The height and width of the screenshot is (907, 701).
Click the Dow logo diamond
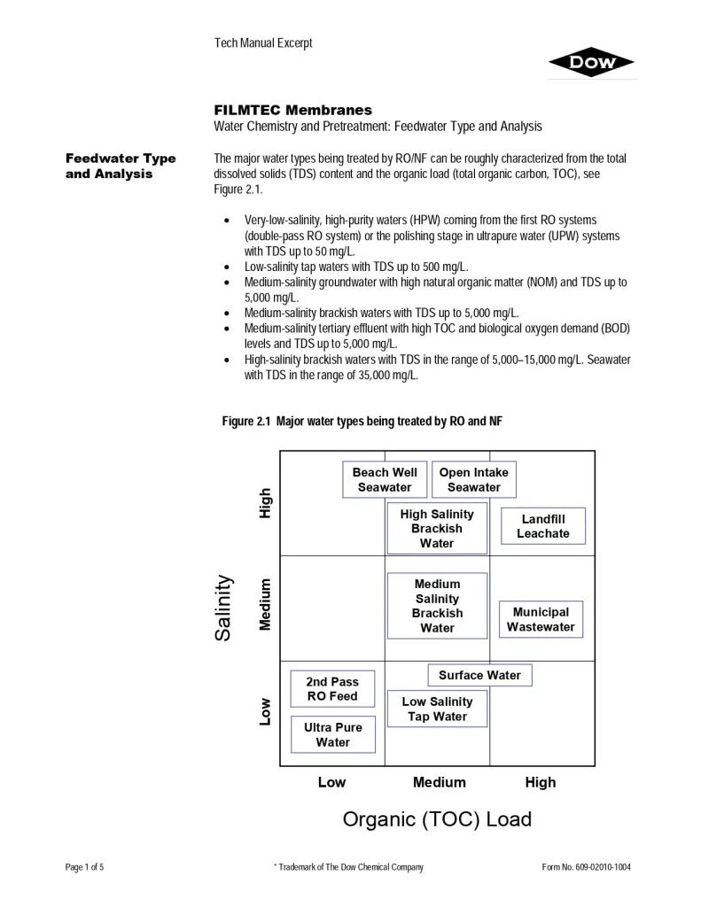pyautogui.click(x=591, y=62)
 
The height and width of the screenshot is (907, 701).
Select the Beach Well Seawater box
pyautogui.click(x=385, y=480)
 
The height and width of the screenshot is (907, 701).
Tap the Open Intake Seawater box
pyautogui.click(x=473, y=480)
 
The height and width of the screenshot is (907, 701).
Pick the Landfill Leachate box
pyautogui.click(x=542, y=526)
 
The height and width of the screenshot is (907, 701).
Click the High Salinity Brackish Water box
pyautogui.click(x=437, y=529)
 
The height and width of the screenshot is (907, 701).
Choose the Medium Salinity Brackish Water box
pyautogui.click(x=437, y=606)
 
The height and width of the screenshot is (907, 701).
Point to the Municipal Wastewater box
pyautogui.click(x=541, y=620)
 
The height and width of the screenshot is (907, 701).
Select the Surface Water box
pyautogui.click(x=479, y=675)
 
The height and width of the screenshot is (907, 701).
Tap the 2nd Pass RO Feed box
pyautogui.click(x=332, y=689)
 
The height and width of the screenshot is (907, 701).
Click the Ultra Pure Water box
pyautogui.click(x=332, y=735)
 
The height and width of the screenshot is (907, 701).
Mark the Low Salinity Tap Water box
pyautogui.click(x=437, y=709)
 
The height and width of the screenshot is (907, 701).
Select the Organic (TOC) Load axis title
pyautogui.click(x=437, y=819)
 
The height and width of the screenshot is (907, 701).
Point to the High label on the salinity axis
pyautogui.click(x=265, y=503)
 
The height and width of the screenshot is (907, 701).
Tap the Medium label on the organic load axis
pyautogui.click(x=439, y=782)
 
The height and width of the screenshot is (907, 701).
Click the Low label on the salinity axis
pyautogui.click(x=265, y=711)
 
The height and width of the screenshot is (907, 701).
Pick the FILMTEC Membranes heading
pyautogui.click(x=292, y=111)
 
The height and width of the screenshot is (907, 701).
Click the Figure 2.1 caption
pyautogui.click(x=362, y=422)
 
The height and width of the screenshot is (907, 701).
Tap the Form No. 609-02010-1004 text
pyautogui.click(x=587, y=867)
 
